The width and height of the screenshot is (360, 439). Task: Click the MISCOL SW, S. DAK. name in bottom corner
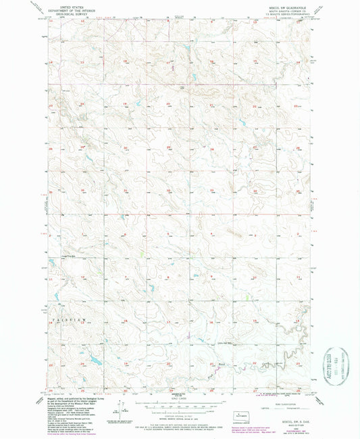click(290, 421)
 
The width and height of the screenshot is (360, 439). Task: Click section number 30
click(126, 147)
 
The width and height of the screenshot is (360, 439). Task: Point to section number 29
click(169, 147)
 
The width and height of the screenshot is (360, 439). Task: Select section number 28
click(212, 147)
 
